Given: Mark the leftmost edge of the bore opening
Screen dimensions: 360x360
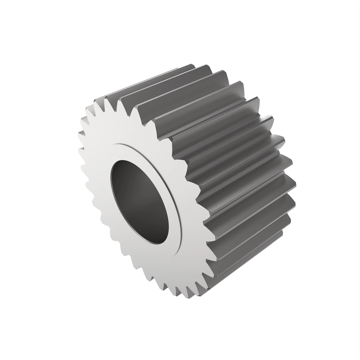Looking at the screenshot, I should click(110, 192).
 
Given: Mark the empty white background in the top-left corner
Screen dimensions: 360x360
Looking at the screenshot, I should click(24, 24).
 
